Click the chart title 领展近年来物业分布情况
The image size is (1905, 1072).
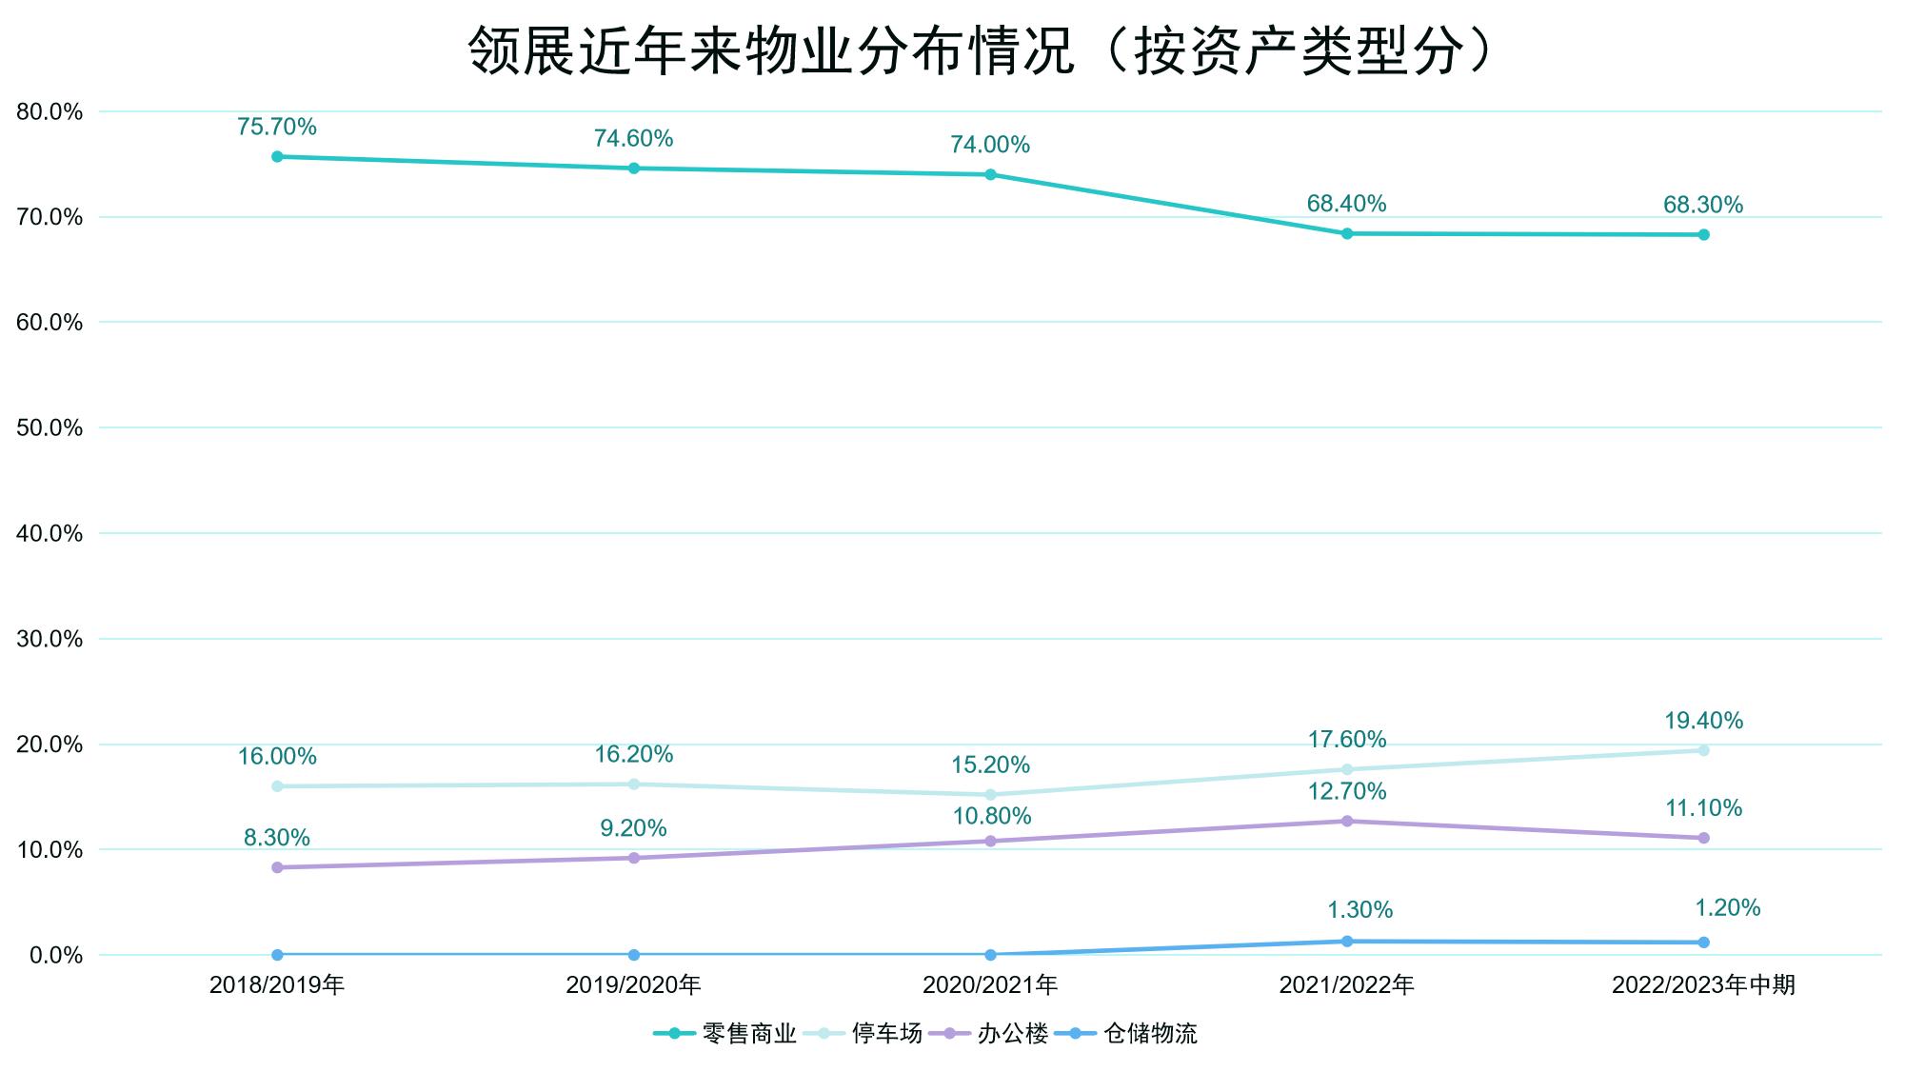click(981, 50)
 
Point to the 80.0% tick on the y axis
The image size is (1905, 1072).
click(50, 112)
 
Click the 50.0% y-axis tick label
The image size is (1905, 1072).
click(50, 428)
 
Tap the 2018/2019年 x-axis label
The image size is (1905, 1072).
click(277, 985)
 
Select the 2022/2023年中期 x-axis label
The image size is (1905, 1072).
click(1703, 985)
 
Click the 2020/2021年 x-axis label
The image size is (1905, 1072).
click(990, 985)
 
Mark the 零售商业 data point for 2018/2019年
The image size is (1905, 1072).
click(277, 157)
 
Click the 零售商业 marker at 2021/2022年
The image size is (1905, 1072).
click(1347, 233)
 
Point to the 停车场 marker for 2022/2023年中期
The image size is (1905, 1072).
click(1703, 750)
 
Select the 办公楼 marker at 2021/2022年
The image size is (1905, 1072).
click(1347, 821)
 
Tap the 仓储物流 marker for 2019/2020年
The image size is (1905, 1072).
click(634, 955)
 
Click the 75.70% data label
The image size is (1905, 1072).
click(277, 127)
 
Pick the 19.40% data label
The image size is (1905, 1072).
click(1703, 721)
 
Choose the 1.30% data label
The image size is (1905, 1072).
click(1359, 910)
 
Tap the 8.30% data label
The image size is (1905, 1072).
click(277, 838)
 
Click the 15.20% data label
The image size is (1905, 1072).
click(990, 764)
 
